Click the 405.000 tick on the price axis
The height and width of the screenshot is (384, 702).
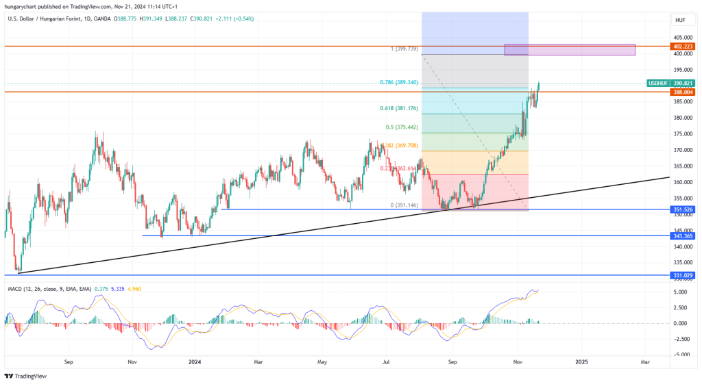pos(681,38)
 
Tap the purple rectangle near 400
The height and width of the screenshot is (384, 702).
pos(569,49)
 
